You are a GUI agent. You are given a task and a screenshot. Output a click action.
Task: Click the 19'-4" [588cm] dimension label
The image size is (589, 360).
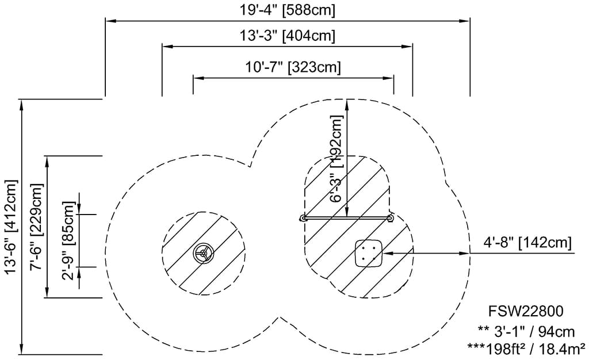(x=288, y=10)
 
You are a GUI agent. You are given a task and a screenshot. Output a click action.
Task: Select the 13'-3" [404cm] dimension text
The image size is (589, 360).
(x=288, y=36)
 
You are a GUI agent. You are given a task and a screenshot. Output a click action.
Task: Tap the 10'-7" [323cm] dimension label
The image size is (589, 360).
(x=293, y=67)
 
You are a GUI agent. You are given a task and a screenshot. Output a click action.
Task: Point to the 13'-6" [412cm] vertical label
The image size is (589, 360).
(x=12, y=227)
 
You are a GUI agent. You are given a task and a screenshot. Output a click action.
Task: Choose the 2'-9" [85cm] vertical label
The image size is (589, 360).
(x=69, y=240)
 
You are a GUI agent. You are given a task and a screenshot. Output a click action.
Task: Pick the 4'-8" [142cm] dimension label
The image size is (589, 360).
(x=527, y=243)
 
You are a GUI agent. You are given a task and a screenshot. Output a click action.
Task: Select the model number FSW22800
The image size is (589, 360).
(x=526, y=311)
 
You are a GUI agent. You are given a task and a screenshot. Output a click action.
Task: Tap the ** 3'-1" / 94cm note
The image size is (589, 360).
(x=526, y=331)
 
